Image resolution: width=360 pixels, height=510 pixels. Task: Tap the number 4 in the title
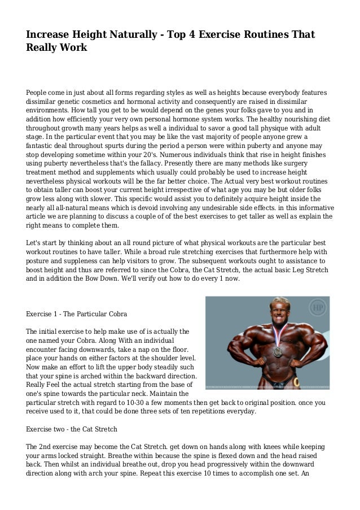pos(198,35)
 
